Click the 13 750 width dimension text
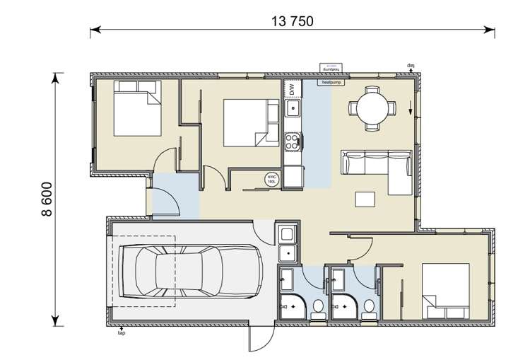tap(292, 21)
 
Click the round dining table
tap(372, 108)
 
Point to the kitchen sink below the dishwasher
tap(293, 109)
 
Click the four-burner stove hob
tap(293, 141)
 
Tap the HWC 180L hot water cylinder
tap(271, 179)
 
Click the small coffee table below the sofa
tap(366, 199)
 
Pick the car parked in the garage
tap(189, 269)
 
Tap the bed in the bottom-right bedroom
tap(445, 291)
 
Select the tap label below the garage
tap(122, 330)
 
